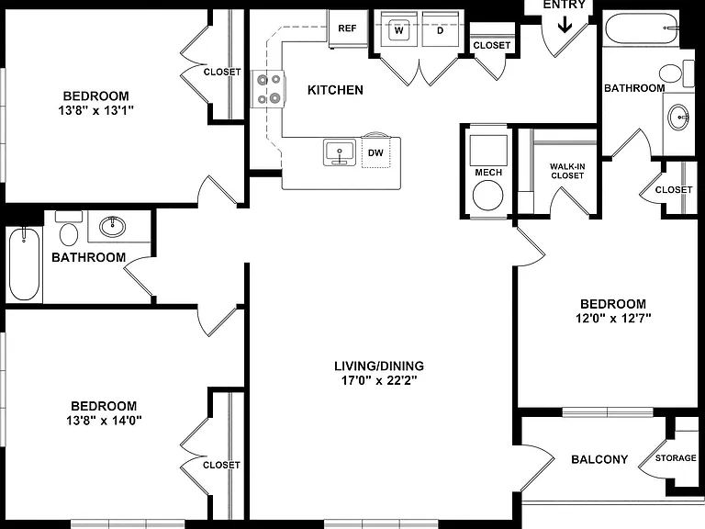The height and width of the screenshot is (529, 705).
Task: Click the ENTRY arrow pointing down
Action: coord(565,25)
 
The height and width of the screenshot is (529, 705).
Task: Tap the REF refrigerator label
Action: coord(347,28)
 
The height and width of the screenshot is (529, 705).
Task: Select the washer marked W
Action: coord(398,29)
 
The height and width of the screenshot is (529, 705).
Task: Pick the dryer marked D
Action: coord(441,29)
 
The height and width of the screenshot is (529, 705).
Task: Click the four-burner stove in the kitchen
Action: coord(268,89)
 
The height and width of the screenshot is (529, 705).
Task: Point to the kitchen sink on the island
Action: coord(340,152)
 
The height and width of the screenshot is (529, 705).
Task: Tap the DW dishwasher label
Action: coord(375,153)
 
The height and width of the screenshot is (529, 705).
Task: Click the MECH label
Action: coord(488,173)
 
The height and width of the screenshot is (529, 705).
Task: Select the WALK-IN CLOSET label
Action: coord(567,171)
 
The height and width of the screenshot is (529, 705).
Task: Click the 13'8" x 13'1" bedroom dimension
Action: coord(96,110)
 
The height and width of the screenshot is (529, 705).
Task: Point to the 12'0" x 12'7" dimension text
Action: coord(613,319)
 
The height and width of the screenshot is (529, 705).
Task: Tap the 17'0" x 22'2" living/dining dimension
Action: coord(379,380)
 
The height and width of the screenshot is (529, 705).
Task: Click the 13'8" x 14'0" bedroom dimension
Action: coord(104,421)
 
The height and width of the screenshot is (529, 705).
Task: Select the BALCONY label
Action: coord(599,459)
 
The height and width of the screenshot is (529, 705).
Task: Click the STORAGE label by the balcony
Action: coord(676,458)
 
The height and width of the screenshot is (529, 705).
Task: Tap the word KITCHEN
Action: coord(335,90)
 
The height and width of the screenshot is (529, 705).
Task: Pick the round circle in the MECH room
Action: coord(487,196)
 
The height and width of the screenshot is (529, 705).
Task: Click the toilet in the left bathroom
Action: coord(69,229)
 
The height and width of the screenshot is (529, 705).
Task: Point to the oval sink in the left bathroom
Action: coord(112,227)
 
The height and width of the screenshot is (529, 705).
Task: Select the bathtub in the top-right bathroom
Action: coord(641,28)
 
